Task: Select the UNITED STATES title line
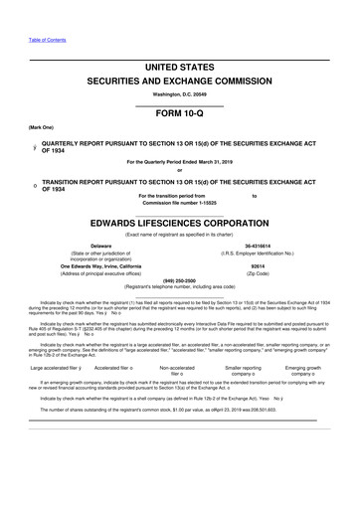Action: [179, 67]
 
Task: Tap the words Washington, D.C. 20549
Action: [179, 94]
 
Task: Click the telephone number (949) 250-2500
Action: [179, 280]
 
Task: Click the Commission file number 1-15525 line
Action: [179, 203]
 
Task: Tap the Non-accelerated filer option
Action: [175, 367]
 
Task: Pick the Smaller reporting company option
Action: [243, 367]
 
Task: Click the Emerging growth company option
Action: [309, 367]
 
